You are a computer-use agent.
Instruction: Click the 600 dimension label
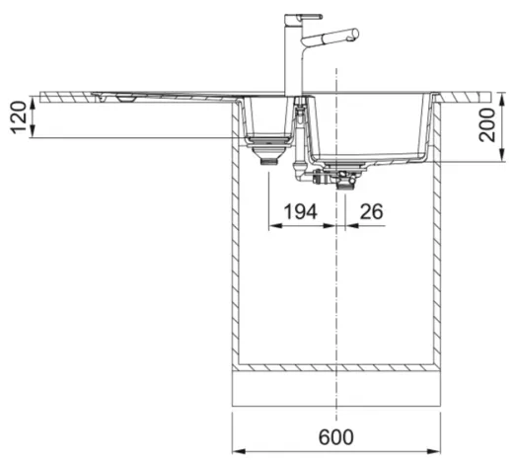[x=336, y=437]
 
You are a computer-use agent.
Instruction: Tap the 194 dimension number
[x=300, y=211]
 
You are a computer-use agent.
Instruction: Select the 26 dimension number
[x=372, y=211]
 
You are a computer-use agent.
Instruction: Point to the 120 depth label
[x=19, y=117]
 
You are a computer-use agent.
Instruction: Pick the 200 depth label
[x=486, y=124]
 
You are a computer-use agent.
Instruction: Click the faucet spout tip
[x=355, y=35]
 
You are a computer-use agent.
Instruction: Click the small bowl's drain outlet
[x=268, y=162]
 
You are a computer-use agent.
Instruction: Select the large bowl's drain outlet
[x=345, y=187]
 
